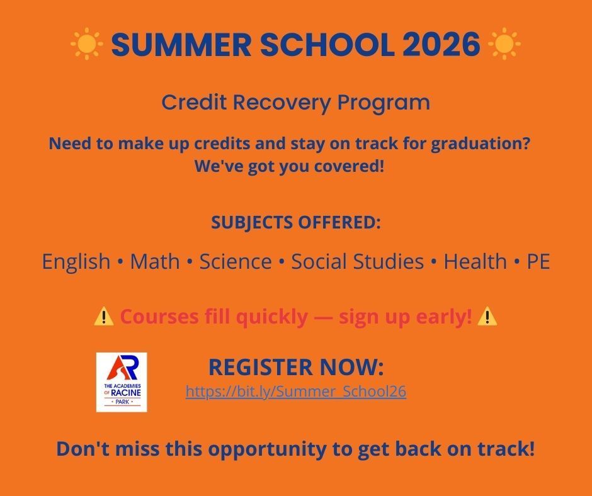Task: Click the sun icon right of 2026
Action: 504,45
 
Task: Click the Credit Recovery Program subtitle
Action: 295,102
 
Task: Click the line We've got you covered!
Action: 289,167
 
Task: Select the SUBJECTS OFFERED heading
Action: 295,223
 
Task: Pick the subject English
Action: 76,261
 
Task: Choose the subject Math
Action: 154,261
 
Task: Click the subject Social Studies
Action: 357,261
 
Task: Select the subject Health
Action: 475,261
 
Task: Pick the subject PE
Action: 538,261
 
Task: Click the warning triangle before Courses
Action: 103,317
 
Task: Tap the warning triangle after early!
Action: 487,317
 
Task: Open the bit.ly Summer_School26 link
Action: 295,392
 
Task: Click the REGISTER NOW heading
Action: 295,367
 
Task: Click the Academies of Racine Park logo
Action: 122,382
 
